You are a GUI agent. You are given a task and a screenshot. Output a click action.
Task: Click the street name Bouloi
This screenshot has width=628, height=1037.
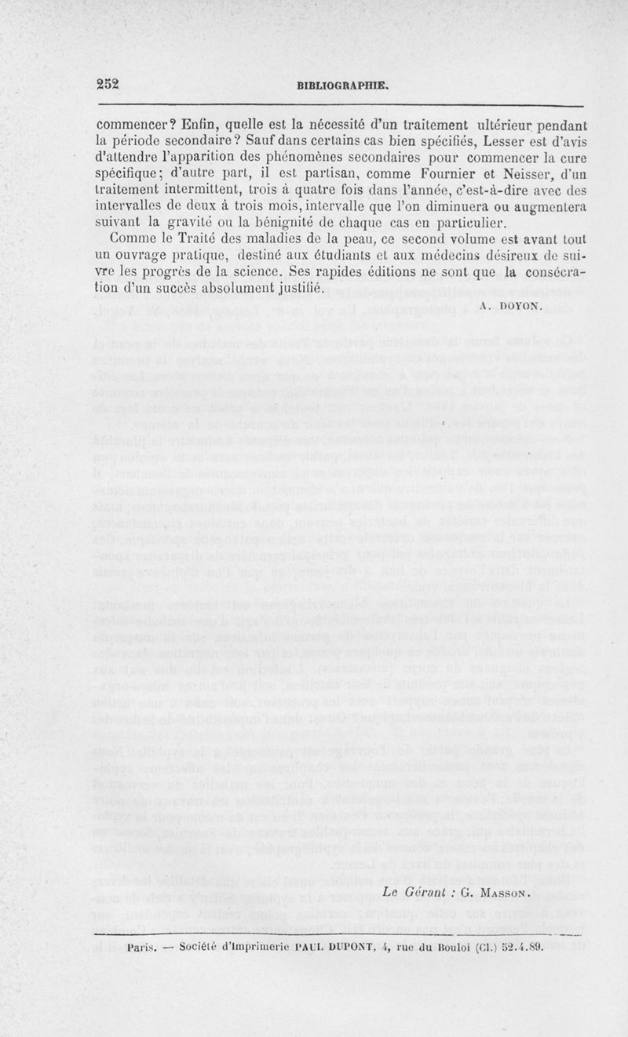coord(449,946)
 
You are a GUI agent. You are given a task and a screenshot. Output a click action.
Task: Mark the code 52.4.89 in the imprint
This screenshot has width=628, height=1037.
coord(521,946)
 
